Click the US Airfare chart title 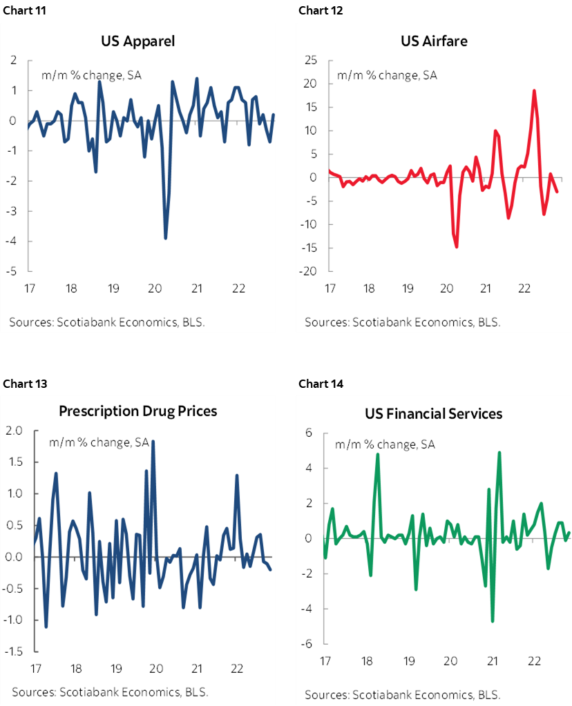point(434,41)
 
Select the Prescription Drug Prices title point(137,411)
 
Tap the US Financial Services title point(433,414)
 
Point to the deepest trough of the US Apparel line point(165,238)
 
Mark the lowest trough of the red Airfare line point(457,246)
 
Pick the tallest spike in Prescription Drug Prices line point(153,441)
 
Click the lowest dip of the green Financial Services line point(493,621)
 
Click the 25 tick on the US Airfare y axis point(311,61)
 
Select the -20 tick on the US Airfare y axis point(308,271)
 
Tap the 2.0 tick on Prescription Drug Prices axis point(15,431)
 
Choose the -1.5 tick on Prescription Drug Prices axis point(13,651)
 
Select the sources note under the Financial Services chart point(402,694)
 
